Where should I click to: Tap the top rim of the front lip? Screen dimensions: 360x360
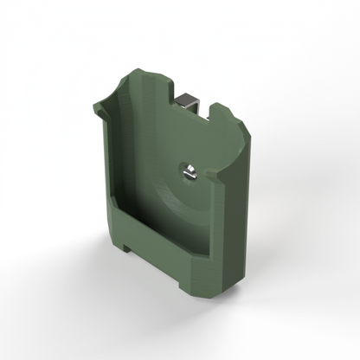pos(164,229)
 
